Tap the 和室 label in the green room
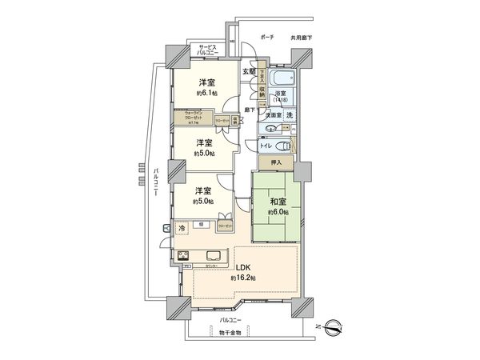point(277,202)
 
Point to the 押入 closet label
point(276,163)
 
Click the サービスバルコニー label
point(213,50)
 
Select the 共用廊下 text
point(301,37)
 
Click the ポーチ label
point(267,37)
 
